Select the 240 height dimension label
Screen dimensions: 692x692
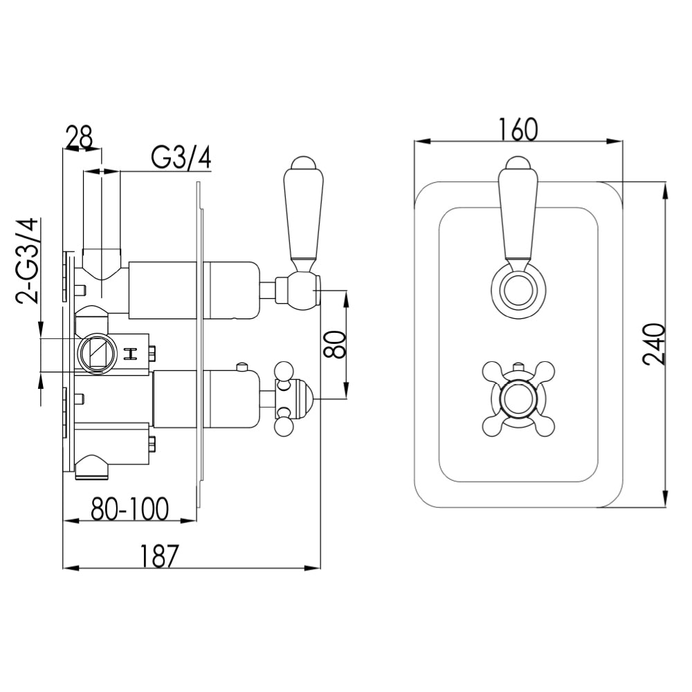click(654, 344)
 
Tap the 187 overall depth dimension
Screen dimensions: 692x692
click(160, 555)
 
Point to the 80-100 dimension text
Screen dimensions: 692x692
click(130, 509)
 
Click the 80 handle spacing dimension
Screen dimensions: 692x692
click(334, 344)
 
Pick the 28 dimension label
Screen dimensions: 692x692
click(79, 137)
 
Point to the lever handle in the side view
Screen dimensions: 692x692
click(302, 215)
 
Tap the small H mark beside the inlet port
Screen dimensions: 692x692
click(130, 354)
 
